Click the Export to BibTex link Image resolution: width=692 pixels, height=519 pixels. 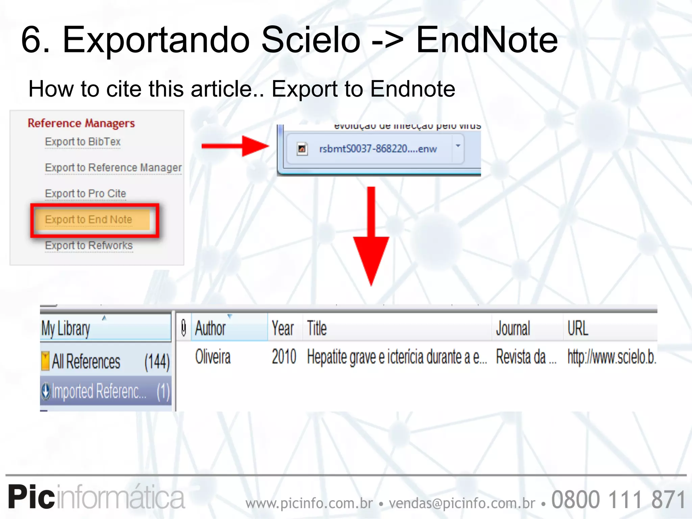click(83, 142)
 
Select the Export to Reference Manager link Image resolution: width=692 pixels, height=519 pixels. click(113, 168)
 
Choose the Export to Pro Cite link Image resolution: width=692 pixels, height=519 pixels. click(85, 194)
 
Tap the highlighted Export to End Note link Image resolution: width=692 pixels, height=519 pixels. click(89, 220)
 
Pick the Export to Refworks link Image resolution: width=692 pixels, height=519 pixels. click(89, 246)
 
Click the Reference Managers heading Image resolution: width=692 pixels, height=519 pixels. click(81, 123)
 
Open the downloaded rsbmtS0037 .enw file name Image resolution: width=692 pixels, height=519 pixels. click(378, 149)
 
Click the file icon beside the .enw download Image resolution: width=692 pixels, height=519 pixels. click(302, 149)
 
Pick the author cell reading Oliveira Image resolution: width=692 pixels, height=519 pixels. click(213, 357)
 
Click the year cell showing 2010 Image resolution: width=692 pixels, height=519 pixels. click(284, 357)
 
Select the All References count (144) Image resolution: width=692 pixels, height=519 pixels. click(157, 362)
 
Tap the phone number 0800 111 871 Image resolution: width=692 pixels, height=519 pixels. click(618, 500)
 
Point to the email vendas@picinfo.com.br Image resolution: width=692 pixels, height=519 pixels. click(462, 503)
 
